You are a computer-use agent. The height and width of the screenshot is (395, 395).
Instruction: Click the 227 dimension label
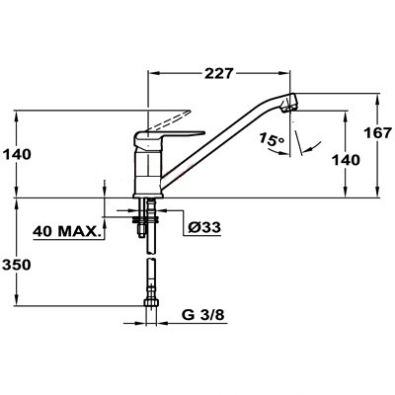(218, 74)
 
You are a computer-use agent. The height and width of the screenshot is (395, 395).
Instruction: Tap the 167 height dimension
(378, 133)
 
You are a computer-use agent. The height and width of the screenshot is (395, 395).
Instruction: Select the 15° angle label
(271, 139)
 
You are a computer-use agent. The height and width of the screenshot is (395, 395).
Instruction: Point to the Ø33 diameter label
(204, 227)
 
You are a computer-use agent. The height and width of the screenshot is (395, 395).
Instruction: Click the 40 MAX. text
(67, 231)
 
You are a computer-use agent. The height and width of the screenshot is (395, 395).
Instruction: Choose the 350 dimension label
(17, 265)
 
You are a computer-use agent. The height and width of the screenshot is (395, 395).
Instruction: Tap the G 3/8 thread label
(203, 315)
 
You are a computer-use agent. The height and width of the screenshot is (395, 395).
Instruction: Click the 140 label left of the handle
(17, 154)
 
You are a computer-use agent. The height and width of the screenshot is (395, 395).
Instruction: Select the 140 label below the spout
(346, 161)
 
